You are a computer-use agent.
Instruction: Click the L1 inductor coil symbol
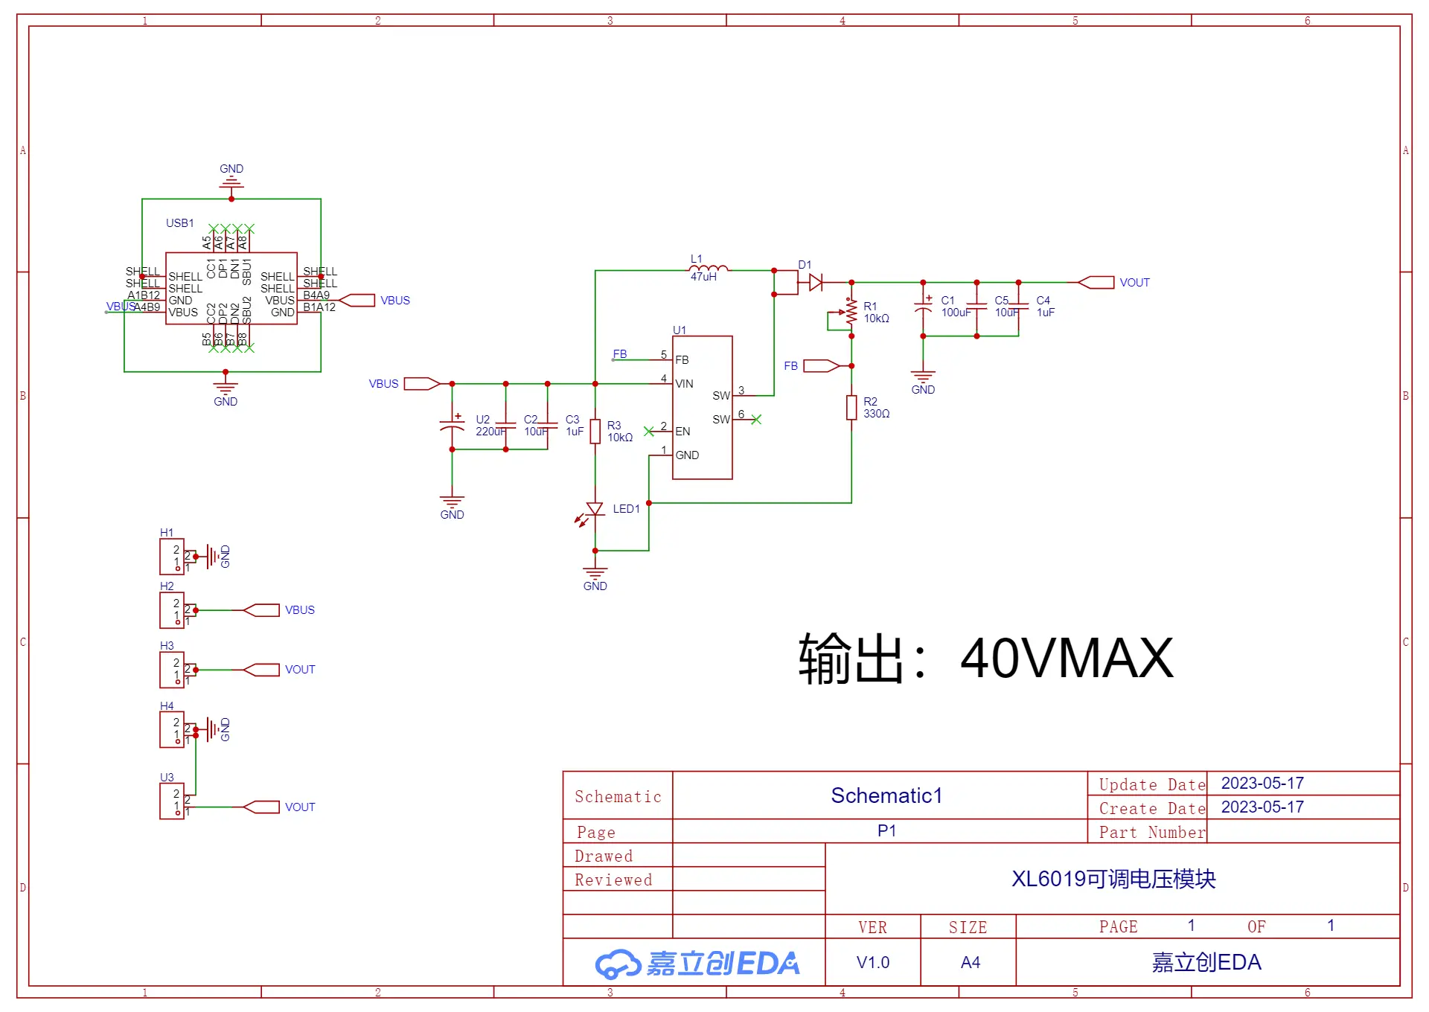tap(709, 269)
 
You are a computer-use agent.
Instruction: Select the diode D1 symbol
tap(816, 282)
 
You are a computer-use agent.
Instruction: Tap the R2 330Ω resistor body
tap(851, 408)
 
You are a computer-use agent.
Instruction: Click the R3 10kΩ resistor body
tap(595, 432)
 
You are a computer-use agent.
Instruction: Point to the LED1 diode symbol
tap(595, 510)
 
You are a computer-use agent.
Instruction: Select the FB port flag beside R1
tap(821, 365)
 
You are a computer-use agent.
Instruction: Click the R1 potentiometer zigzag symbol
tap(851, 313)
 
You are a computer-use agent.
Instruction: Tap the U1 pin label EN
tap(682, 432)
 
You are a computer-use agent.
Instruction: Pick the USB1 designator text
tap(180, 223)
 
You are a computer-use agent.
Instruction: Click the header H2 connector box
tap(172, 610)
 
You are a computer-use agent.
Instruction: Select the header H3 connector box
tap(172, 670)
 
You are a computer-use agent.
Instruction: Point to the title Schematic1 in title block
tap(886, 795)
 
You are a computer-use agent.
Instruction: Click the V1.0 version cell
tap(873, 962)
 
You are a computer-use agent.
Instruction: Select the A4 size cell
tap(970, 962)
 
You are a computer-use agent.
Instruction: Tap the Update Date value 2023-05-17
tap(1262, 784)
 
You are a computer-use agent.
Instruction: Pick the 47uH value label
tap(703, 277)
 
